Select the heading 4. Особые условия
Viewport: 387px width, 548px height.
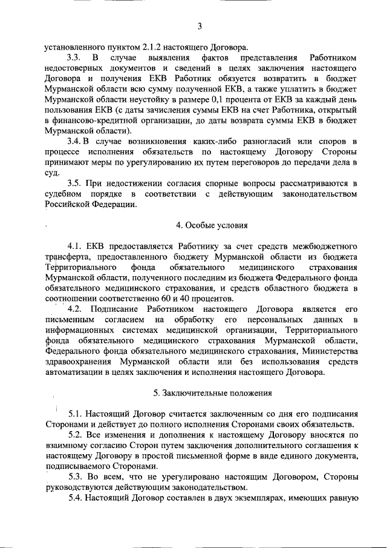[x=212, y=226]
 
